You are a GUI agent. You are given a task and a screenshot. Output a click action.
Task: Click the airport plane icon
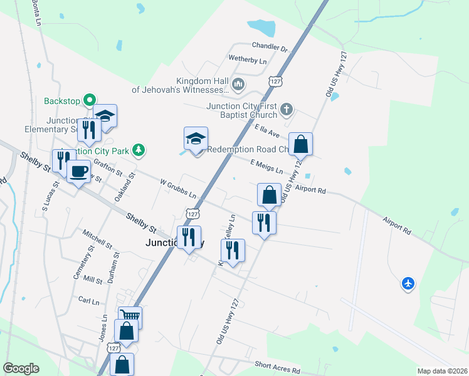point(408,284)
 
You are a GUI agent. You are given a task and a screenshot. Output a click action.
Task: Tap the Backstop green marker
point(90,99)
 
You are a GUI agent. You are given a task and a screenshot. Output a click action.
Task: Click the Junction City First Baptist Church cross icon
point(287,110)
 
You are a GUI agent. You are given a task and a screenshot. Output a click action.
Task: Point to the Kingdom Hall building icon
point(238,84)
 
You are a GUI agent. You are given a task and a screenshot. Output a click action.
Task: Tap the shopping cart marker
point(130,317)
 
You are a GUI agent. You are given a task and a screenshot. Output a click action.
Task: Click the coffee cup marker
point(78,171)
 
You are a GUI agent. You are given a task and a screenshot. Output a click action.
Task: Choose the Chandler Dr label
point(269,48)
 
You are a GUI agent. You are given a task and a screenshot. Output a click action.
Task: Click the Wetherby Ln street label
point(247,61)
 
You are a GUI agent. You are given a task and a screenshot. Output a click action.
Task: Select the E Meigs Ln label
point(266,167)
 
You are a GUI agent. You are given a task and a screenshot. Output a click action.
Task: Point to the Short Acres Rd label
point(278,365)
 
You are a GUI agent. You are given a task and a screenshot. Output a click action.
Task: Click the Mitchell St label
point(97,238)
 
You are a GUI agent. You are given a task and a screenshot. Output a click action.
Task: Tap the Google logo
point(21,368)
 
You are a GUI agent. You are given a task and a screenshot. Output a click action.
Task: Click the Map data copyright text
point(441,370)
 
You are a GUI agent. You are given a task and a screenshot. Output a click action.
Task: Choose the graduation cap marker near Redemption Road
point(196,139)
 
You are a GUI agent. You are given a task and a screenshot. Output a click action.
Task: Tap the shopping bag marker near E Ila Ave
point(301,144)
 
